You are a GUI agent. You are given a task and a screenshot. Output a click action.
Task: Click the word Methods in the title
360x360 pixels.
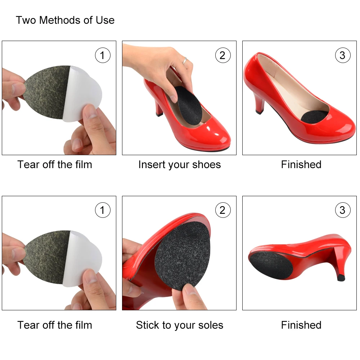(60, 20)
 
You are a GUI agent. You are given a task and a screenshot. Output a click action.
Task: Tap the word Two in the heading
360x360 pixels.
(26, 20)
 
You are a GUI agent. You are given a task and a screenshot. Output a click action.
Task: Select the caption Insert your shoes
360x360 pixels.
(179, 165)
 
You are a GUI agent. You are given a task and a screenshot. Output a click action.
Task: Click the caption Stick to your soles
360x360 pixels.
(179, 325)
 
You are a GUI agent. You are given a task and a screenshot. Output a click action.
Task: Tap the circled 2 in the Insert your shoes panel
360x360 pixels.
(222, 55)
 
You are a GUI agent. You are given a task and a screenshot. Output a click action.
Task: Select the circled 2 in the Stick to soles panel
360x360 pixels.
(222, 210)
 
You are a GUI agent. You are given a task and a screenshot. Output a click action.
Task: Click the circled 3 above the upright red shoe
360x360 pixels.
(342, 55)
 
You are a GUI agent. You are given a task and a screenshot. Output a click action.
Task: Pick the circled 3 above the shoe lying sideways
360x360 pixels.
(342, 210)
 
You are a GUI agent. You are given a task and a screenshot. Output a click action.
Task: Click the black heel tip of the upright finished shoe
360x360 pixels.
(259, 112)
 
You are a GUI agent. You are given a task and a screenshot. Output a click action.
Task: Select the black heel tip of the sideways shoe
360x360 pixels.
(341, 278)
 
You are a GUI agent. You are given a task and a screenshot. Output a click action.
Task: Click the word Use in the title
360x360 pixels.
(105, 20)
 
